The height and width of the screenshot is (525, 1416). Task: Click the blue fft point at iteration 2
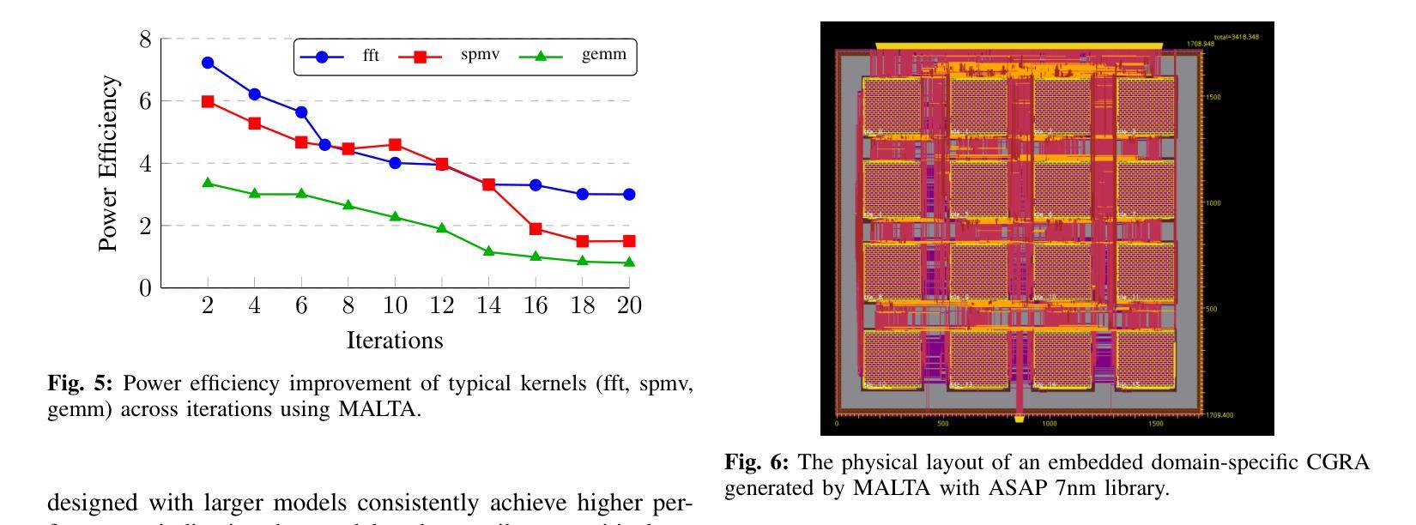click(208, 63)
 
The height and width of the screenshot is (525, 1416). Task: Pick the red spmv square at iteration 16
click(536, 229)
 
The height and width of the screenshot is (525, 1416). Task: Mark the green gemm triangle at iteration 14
click(489, 251)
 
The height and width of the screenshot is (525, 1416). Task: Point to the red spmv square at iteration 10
click(395, 145)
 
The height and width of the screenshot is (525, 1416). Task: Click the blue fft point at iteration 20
click(629, 195)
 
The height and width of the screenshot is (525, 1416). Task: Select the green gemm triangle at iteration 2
click(208, 183)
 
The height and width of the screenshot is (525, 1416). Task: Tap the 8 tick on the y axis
click(144, 39)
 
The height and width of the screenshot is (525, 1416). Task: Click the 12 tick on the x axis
click(441, 306)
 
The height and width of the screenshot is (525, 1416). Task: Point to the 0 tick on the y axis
click(144, 288)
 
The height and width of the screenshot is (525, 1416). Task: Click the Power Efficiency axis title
click(108, 163)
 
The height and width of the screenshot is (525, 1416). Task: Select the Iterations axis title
click(395, 341)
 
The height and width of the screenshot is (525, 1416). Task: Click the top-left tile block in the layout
click(891, 106)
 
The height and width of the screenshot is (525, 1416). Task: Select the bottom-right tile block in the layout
click(1145, 359)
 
